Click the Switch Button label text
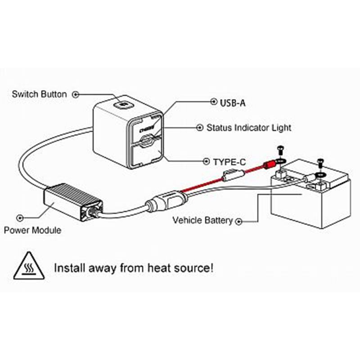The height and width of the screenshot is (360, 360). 39,94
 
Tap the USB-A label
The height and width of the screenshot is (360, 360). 233,103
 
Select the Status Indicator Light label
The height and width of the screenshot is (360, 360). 248,128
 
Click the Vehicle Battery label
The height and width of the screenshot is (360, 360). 203,220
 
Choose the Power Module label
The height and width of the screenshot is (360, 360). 32,230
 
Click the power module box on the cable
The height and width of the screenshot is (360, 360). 72,202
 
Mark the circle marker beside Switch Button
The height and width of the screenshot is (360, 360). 76,94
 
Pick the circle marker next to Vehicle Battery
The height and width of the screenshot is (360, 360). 239,221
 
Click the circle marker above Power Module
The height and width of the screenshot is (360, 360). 19,218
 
